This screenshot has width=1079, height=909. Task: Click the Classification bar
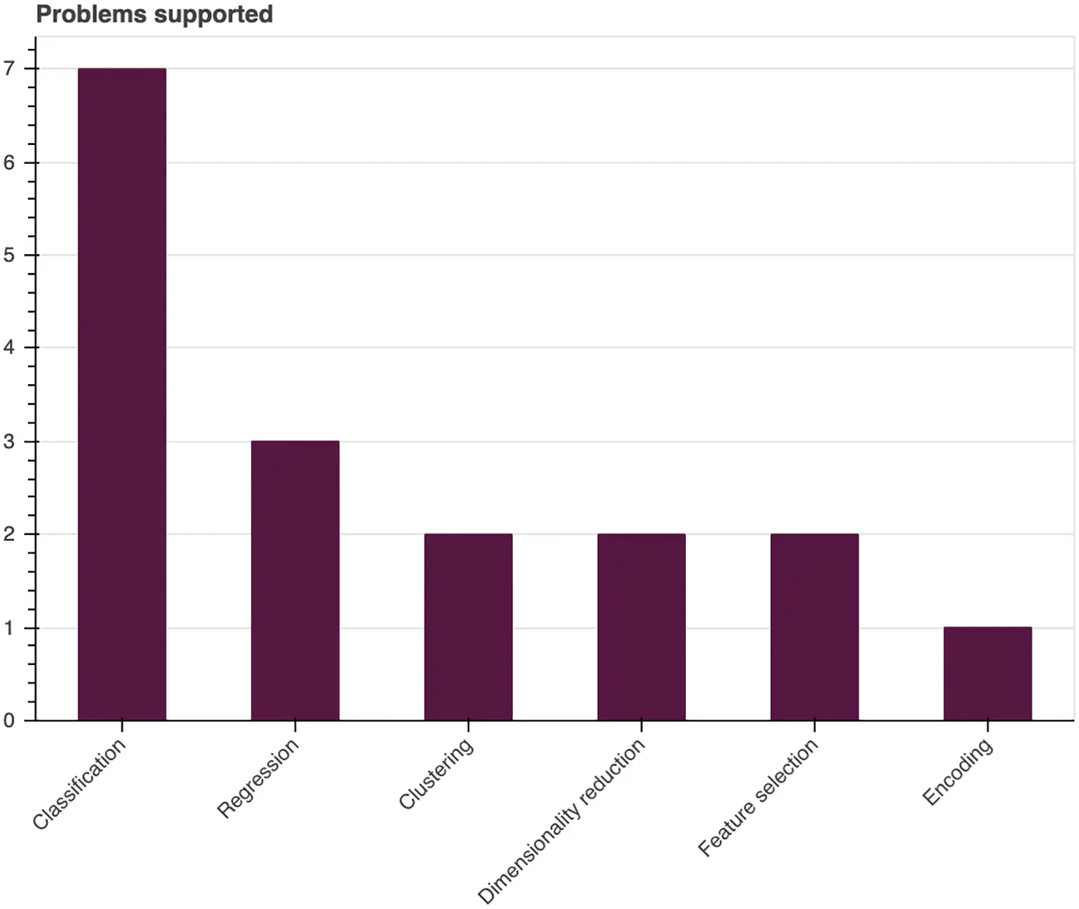coord(122,394)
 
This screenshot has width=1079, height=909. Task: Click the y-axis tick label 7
coord(9,69)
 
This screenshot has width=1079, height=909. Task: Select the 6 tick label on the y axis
coord(9,162)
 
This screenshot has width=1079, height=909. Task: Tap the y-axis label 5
coord(9,255)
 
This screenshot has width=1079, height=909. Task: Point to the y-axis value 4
coord(9,348)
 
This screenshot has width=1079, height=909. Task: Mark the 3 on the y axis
coord(9,441)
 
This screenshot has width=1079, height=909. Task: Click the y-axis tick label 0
coord(9,720)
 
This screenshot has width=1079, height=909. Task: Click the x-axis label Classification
coord(79,784)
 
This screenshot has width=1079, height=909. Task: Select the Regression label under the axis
coord(258,778)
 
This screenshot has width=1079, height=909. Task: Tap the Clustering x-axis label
coord(436,774)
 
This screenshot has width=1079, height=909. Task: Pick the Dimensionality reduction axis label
coord(562,821)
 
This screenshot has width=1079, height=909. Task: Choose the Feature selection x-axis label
coord(758,797)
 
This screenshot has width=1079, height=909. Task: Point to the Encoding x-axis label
coord(958,772)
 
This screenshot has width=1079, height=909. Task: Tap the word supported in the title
coord(215,15)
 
